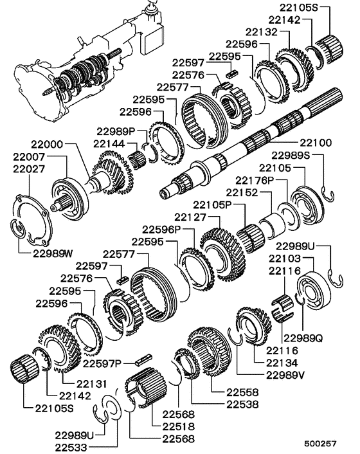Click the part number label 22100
314,141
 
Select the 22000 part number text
44,146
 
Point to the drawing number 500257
321,444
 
